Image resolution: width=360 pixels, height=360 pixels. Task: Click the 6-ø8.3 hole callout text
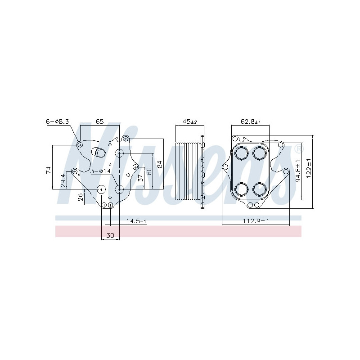58,121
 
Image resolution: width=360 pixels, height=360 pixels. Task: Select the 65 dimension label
99,121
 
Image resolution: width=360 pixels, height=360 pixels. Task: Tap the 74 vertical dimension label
49,170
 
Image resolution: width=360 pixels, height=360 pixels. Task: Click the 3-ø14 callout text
100,171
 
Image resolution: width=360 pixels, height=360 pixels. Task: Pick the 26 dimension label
81,197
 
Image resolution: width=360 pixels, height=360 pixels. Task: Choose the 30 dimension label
110,235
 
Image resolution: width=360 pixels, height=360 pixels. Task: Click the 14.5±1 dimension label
136,221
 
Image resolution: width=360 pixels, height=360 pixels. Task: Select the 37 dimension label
141,177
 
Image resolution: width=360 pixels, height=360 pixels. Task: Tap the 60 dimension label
149,171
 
